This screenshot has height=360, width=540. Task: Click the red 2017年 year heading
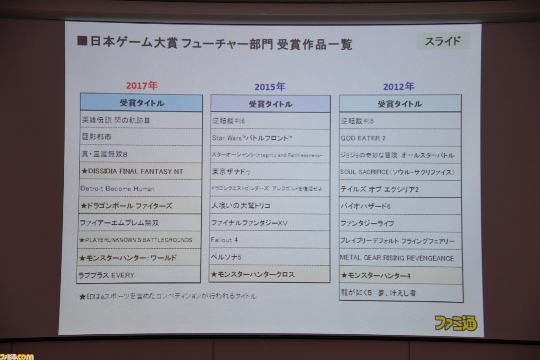142,86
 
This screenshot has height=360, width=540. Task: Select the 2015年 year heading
270,87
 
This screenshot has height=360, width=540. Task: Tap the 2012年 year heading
398,87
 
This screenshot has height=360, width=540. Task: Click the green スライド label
443,41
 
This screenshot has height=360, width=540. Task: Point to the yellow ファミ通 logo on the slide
456,323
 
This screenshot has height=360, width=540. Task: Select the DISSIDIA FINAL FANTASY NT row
140,171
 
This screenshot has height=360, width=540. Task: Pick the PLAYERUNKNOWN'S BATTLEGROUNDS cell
139,240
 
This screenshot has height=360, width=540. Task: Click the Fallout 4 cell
269,240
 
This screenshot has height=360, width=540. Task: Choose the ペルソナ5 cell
269,257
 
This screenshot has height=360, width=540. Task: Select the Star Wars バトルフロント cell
270,138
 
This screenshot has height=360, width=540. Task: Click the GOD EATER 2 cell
400,138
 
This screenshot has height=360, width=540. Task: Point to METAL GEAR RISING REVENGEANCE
401,258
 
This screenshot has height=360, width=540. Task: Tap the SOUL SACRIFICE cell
400,172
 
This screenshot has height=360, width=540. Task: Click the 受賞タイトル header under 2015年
270,104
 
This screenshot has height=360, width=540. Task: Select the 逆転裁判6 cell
270,121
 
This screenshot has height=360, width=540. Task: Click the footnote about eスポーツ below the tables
167,296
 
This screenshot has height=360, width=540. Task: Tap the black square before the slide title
82,41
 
